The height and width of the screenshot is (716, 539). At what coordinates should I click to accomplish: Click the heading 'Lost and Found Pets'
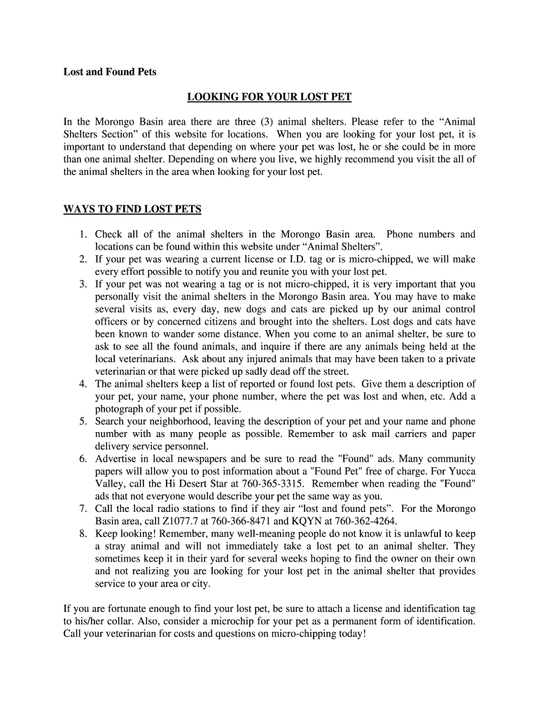tap(110, 72)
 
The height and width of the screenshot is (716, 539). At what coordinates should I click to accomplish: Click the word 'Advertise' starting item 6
tap(116, 459)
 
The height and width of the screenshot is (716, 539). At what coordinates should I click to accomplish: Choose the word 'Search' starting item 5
tap(111, 422)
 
